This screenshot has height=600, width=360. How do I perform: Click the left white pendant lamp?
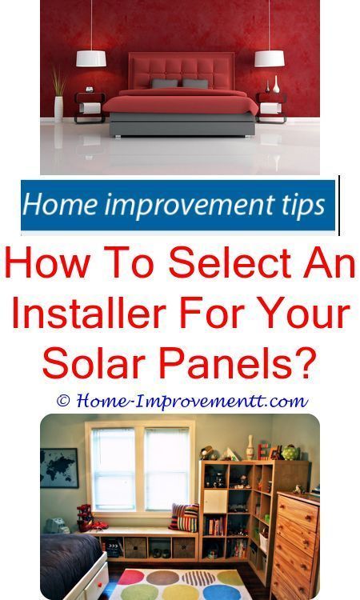[x=90, y=58]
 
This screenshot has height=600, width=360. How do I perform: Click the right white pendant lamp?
[x=270, y=58]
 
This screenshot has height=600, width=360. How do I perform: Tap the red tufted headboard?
[x=182, y=71]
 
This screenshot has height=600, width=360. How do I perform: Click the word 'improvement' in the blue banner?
[x=184, y=205]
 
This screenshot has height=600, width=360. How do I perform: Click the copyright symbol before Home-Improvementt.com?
[x=63, y=401]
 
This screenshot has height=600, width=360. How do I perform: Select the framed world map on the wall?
[x=59, y=468]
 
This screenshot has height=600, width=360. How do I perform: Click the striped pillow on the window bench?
[x=185, y=517]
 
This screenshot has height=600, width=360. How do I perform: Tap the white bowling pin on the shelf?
[x=250, y=447]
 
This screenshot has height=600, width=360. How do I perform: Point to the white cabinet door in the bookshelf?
[x=215, y=502]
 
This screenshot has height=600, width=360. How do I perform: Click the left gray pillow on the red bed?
[x=165, y=83]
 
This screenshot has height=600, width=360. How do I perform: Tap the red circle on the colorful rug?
[x=131, y=577]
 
